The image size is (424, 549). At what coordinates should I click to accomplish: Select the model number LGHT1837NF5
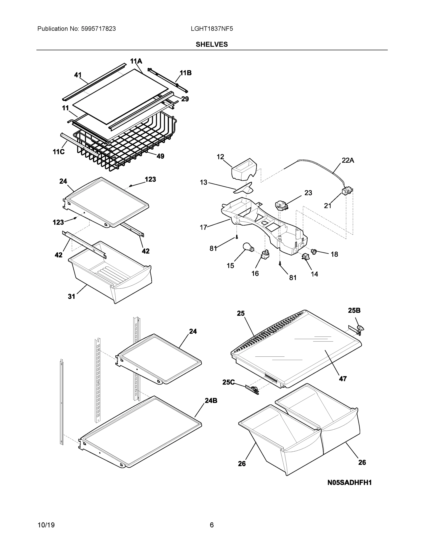pos(212,29)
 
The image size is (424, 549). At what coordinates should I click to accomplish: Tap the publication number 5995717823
pos(98,29)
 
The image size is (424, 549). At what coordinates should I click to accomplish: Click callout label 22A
pos(348,160)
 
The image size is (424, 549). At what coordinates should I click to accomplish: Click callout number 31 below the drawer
pos(72,296)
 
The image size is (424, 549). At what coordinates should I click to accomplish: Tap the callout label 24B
pos(211,401)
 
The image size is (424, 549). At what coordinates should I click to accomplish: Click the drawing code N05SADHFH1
pos(349,482)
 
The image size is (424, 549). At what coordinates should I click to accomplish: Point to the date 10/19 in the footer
pos(46,525)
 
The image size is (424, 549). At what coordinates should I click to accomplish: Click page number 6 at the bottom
pos(211,525)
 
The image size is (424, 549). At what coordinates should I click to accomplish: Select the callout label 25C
pos(228,382)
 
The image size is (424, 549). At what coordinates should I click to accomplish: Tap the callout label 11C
pos(59,152)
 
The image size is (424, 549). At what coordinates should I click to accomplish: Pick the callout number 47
pos(343,379)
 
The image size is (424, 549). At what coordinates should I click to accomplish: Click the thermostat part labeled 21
pos(347,190)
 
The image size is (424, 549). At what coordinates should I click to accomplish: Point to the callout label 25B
pos(354,310)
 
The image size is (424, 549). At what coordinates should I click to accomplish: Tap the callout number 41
pos(78,75)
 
